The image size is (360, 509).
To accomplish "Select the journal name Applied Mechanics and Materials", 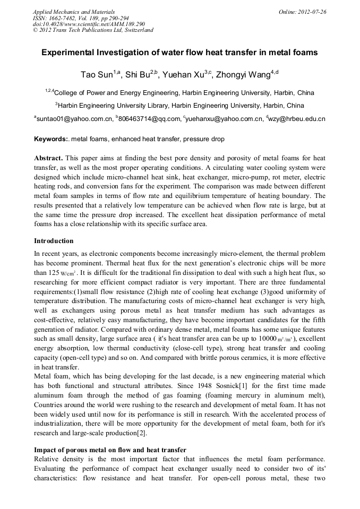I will [74, 12].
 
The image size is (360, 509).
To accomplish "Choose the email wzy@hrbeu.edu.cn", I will [298, 119].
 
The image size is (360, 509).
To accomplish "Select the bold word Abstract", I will [48, 159].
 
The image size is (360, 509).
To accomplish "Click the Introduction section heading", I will [54, 241].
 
